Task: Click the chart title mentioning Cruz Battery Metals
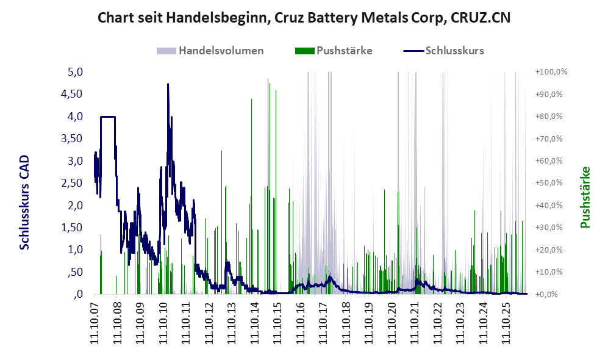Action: pyautogui.click(x=304, y=18)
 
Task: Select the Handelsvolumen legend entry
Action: pyautogui.click(x=210, y=51)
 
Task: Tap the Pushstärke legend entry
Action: pyautogui.click(x=334, y=51)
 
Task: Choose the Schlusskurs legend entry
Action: pyautogui.click(x=443, y=51)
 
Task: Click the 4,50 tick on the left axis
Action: pyautogui.click(x=72, y=94)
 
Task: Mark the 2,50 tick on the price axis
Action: pyautogui.click(x=72, y=183)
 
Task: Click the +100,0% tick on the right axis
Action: pyautogui.click(x=551, y=72)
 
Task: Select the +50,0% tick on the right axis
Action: pyautogui.click(x=549, y=183)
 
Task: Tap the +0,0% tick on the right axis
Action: pyautogui.click(x=546, y=295)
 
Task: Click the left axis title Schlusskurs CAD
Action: pyautogui.click(x=24, y=203)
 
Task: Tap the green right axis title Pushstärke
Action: pyautogui.click(x=585, y=198)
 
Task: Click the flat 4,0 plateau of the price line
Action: pyautogui.click(x=108, y=117)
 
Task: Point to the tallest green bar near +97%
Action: pyautogui.click(x=268, y=186)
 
